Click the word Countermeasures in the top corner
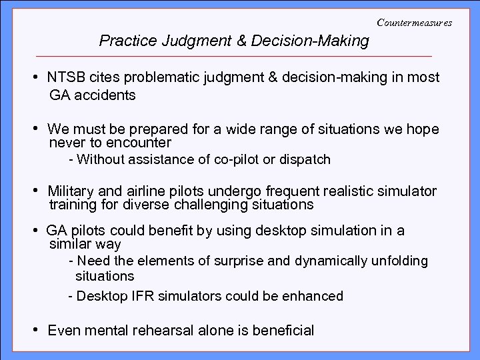414,23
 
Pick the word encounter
141,143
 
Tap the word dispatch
305,159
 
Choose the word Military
71,192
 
